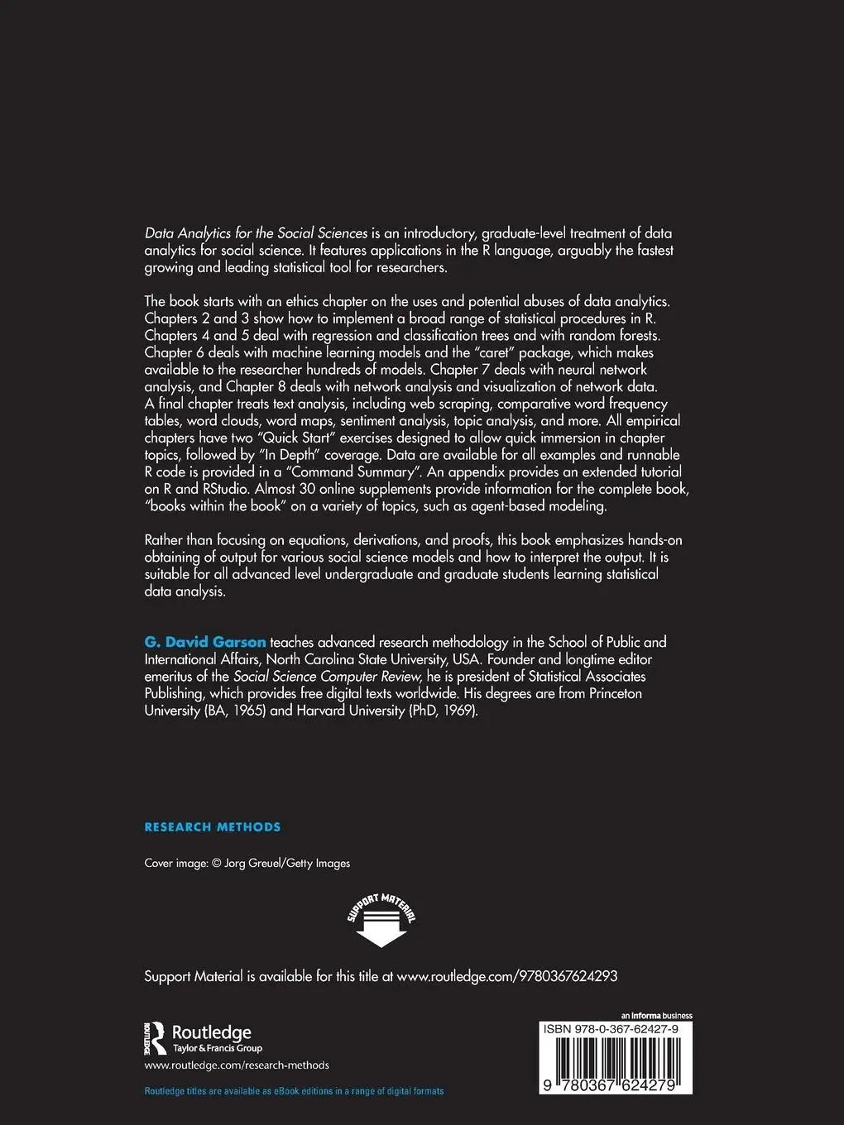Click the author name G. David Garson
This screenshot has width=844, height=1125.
205,642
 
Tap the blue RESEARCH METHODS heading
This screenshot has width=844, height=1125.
213,826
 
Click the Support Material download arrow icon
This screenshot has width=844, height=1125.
381,921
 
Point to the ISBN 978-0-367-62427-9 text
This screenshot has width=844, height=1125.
611,1029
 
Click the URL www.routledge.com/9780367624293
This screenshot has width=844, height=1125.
507,976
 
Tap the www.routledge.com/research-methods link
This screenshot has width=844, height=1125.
237,1065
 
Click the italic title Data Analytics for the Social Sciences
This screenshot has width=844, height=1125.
256,233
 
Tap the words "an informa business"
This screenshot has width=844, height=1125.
656,1016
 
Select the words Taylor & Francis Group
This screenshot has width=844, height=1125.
217,1048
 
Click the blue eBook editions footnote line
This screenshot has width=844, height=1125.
294,1091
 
